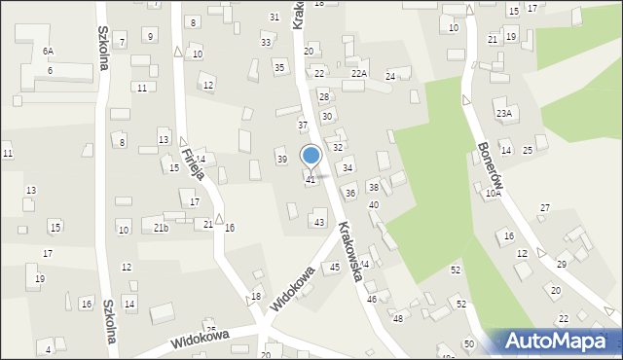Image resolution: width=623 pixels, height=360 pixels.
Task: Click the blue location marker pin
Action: (311, 157)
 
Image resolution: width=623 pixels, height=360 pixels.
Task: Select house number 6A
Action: (48, 51)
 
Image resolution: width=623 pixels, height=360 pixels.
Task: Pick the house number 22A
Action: (359, 74)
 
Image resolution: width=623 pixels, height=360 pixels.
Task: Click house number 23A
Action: (503, 114)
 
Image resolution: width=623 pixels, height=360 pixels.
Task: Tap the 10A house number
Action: (494, 194)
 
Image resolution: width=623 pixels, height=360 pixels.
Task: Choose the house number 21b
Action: (161, 228)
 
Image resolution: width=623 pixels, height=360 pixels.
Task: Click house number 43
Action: (319, 223)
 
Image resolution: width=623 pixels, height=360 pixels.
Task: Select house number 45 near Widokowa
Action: (334, 267)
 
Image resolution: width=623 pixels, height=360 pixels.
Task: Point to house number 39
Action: (282, 159)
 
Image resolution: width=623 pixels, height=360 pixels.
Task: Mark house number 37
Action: (303, 126)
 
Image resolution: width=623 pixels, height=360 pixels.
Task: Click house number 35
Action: (279, 67)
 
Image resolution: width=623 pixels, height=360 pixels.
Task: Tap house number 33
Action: (266, 43)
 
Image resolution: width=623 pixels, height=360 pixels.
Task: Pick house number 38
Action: (373, 187)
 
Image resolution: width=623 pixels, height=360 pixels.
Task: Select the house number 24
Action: (390, 76)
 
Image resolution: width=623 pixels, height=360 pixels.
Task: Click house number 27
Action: (545, 208)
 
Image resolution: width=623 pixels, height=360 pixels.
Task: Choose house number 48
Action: (397, 319)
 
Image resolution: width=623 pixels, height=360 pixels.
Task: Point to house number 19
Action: (39, 279)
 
